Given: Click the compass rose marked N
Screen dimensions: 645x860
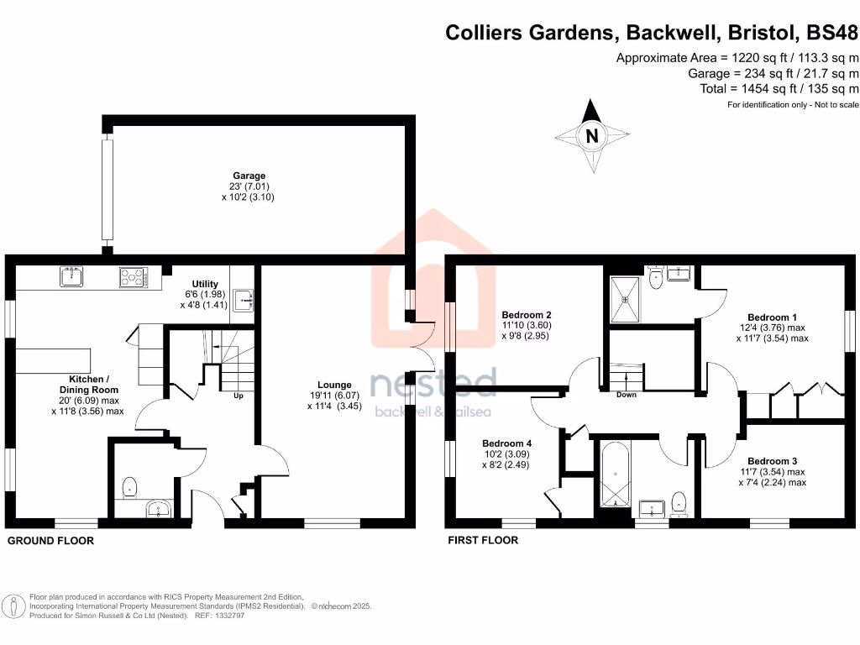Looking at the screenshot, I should (592, 135).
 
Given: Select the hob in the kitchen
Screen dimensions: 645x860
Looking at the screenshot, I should (133, 277).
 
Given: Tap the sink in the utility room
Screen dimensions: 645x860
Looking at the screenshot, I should (243, 298).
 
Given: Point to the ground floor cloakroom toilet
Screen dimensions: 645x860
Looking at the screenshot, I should (130, 485).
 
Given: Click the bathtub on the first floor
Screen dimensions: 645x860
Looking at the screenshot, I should (615, 475).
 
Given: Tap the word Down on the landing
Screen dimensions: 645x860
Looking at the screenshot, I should (626, 395).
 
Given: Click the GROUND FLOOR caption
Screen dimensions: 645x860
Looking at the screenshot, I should (50, 541).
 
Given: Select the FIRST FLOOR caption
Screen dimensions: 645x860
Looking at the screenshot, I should (483, 540).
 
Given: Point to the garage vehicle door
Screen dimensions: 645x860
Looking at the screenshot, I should (107, 188).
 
